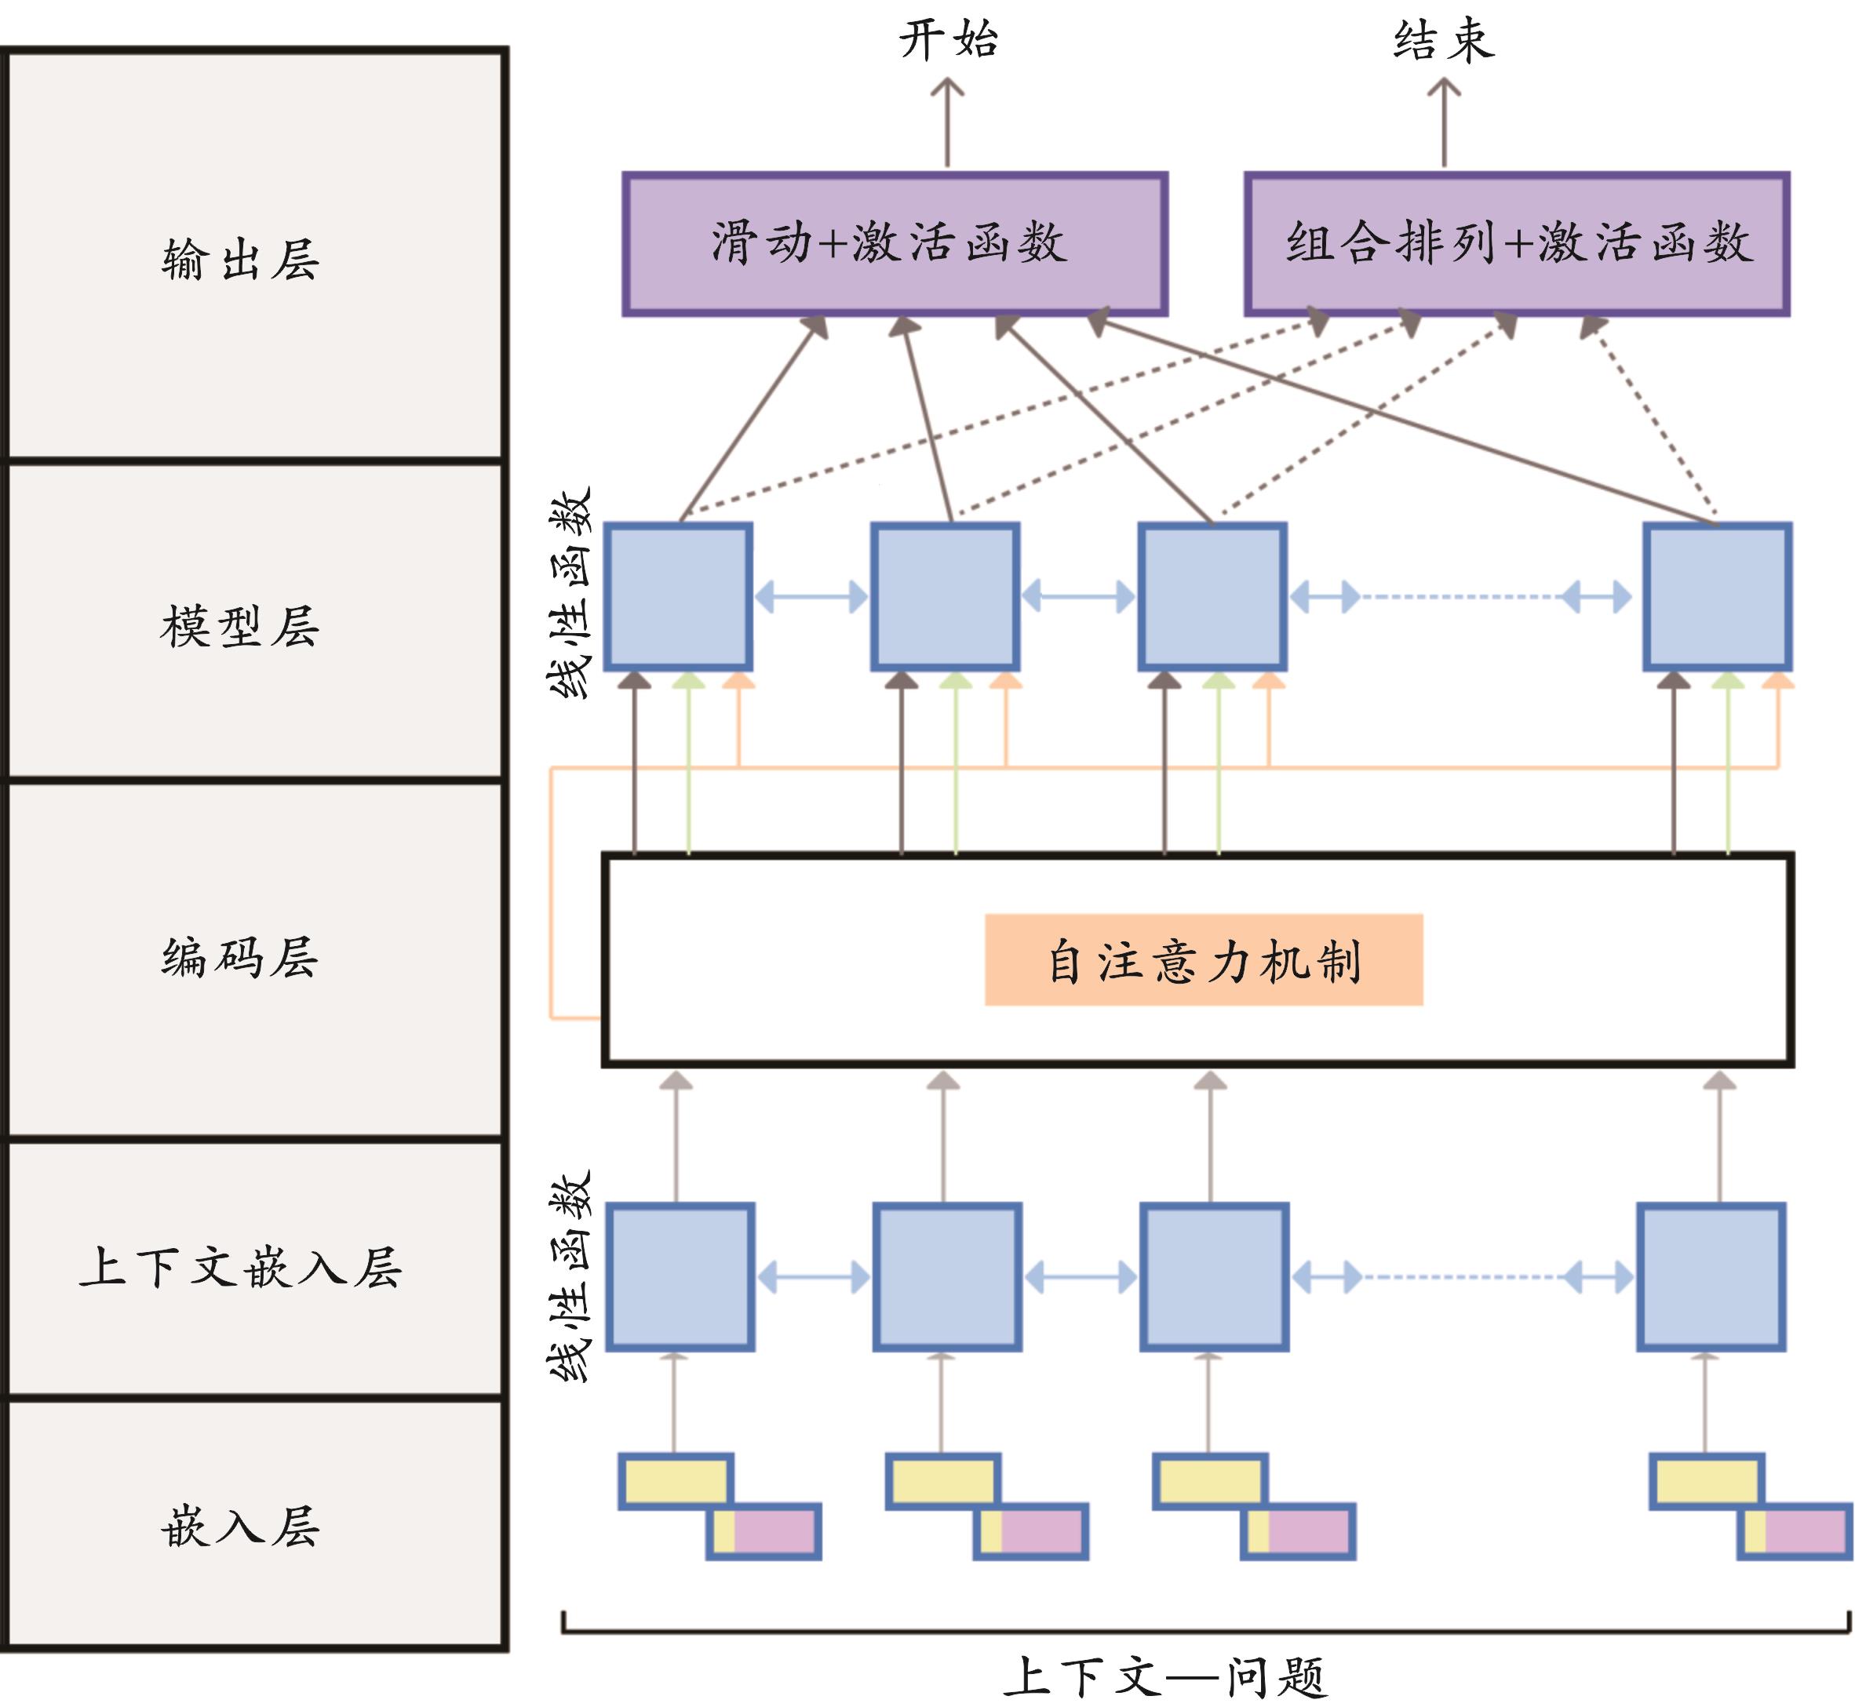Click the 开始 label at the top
(949, 41)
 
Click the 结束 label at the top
(1444, 41)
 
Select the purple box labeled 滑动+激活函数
(895, 244)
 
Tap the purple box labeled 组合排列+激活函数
(1517, 244)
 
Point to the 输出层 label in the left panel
(240, 260)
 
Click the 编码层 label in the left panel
(240, 957)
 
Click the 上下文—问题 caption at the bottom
(1166, 1676)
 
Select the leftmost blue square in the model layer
(678, 597)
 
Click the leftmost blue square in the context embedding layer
(680, 1277)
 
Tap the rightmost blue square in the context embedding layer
(1711, 1277)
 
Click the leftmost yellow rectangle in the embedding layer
(676, 1482)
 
